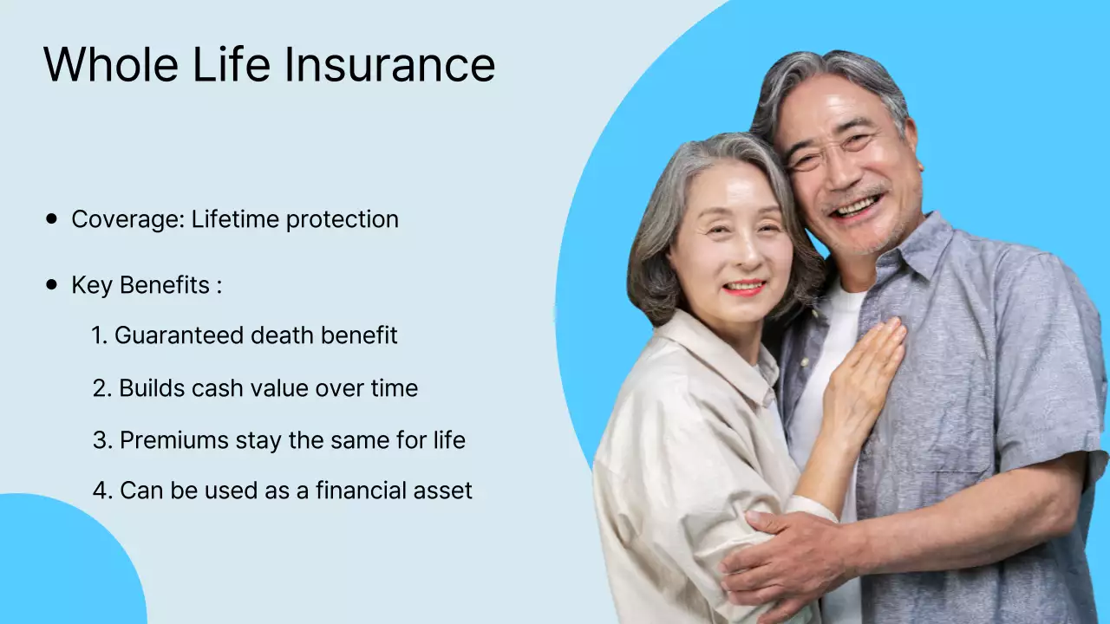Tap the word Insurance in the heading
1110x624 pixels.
point(389,64)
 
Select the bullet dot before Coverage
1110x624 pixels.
point(52,219)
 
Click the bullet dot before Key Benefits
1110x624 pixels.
point(52,284)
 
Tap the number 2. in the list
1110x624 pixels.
point(102,388)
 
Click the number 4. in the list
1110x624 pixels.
point(102,491)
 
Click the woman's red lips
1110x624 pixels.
point(745,287)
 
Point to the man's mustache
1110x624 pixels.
point(854,195)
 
